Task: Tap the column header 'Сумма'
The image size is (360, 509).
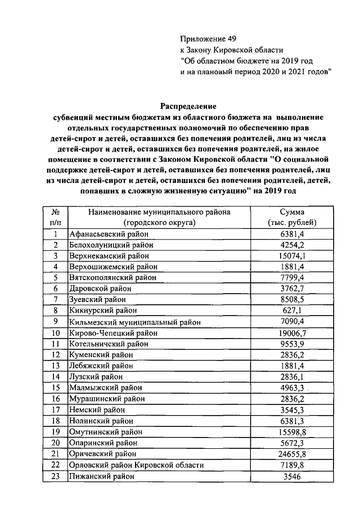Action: click(x=291, y=212)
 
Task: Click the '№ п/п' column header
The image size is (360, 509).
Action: click(x=56, y=218)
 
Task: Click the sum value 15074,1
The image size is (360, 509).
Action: click(x=291, y=256)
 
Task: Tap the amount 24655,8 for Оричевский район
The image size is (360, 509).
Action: click(x=291, y=454)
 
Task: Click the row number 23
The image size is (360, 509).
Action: click(x=56, y=476)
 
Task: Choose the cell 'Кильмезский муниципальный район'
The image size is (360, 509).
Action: click(x=135, y=322)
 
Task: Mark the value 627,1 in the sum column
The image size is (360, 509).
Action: click(x=291, y=311)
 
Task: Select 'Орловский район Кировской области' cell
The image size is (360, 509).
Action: click(x=136, y=465)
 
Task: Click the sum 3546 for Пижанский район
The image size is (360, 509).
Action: click(x=291, y=476)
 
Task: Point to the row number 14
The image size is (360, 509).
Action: click(x=56, y=377)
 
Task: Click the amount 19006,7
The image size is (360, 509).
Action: click(x=291, y=333)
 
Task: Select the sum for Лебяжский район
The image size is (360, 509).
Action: click(x=291, y=366)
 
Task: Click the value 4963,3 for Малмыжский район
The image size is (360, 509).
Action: click(x=291, y=388)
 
